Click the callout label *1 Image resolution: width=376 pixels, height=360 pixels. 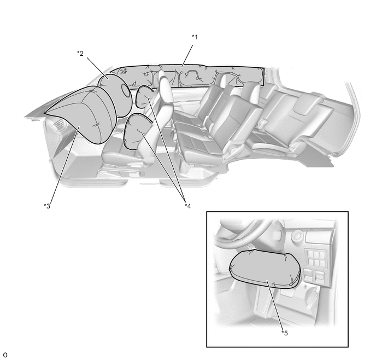point(195,37)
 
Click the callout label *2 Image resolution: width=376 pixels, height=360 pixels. point(80,53)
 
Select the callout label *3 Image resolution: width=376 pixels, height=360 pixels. point(47,206)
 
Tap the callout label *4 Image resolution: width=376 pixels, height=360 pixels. point(188,206)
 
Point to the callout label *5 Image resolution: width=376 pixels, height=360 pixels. point(285,333)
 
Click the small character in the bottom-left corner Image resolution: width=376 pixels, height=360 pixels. point(5,355)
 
